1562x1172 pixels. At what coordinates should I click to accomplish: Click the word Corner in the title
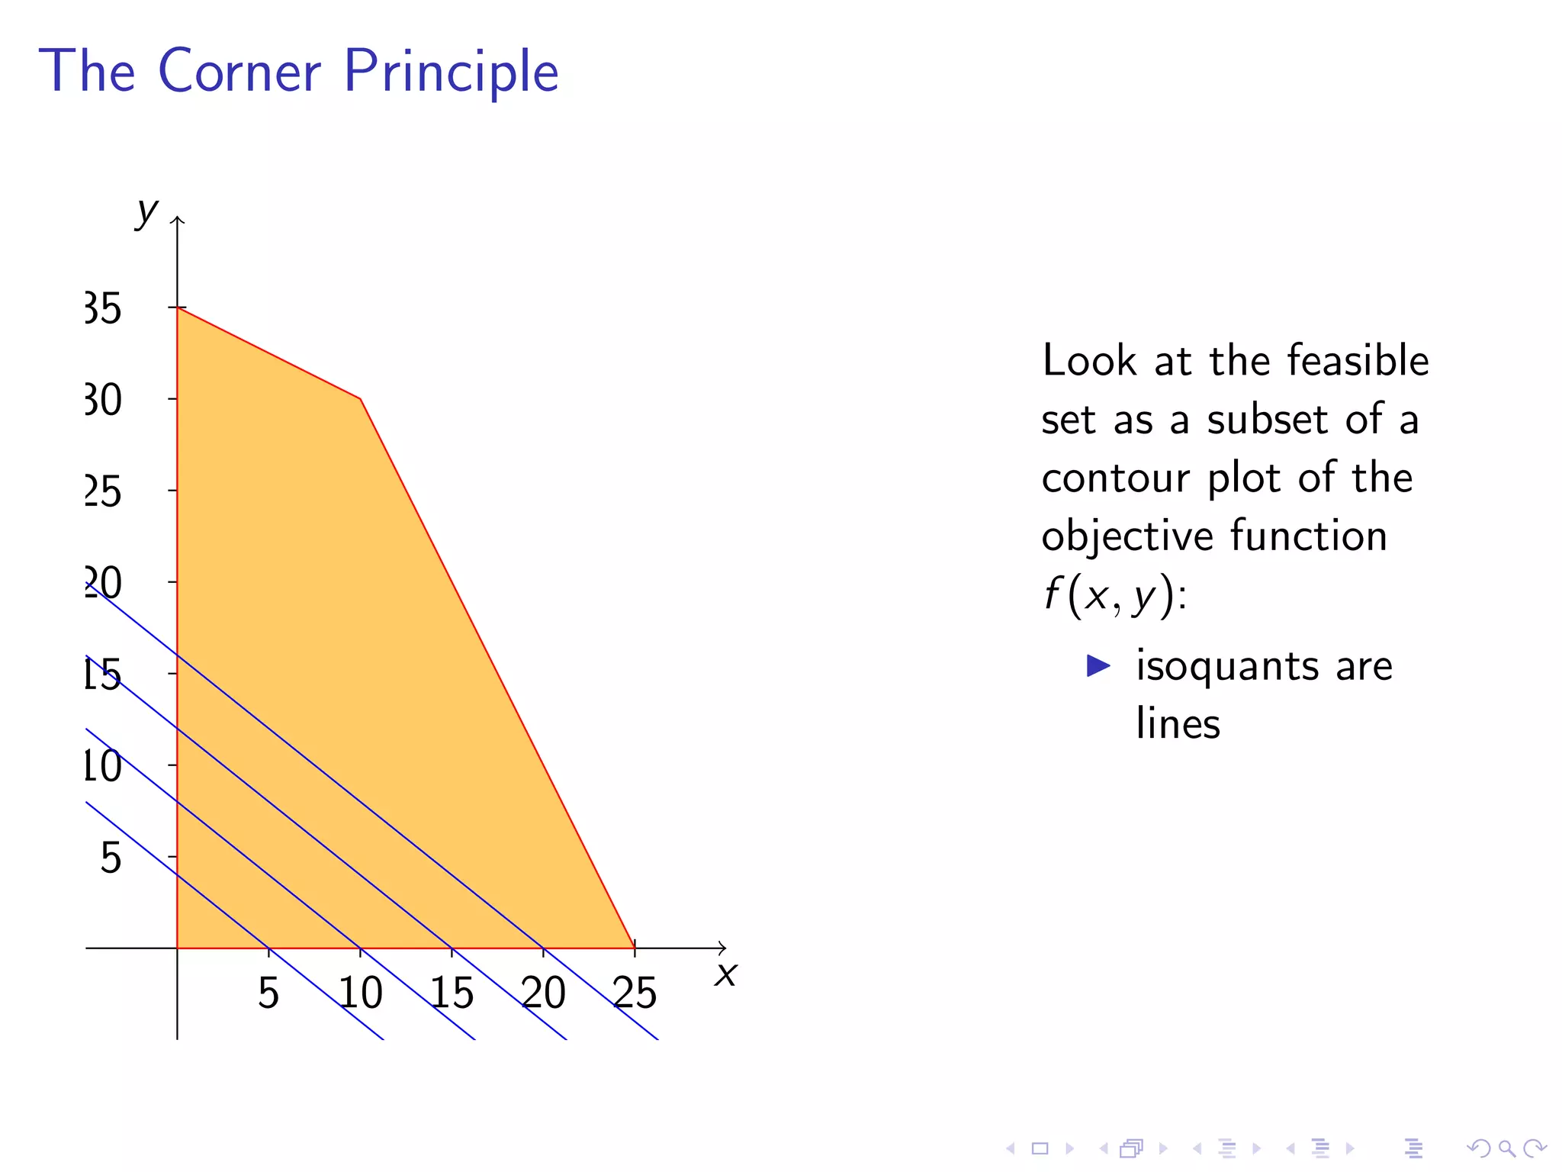coord(239,71)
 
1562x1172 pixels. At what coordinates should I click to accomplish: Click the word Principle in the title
coord(451,72)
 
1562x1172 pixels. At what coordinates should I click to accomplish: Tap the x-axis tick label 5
coord(268,993)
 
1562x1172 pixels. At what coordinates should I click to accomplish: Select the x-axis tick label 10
coord(360,993)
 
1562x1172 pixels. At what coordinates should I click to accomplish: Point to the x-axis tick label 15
coord(452,993)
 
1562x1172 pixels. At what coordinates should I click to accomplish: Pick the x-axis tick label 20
coord(543,993)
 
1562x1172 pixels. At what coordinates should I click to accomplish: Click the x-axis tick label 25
coord(635,993)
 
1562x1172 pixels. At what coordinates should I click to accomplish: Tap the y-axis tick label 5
coord(111,858)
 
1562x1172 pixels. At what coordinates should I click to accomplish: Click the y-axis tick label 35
coord(103,309)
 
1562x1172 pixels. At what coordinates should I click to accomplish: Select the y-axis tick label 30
coord(103,401)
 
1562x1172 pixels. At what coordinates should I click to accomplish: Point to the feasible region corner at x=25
coord(635,948)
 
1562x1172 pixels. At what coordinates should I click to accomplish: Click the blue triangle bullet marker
coord(1098,665)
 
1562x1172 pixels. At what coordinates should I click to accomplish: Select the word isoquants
coord(1227,666)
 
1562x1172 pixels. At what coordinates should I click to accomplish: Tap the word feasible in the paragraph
coord(1358,360)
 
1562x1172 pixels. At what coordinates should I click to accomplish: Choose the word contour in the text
coord(1115,478)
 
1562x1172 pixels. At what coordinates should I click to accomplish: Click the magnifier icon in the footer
coord(1506,1148)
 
